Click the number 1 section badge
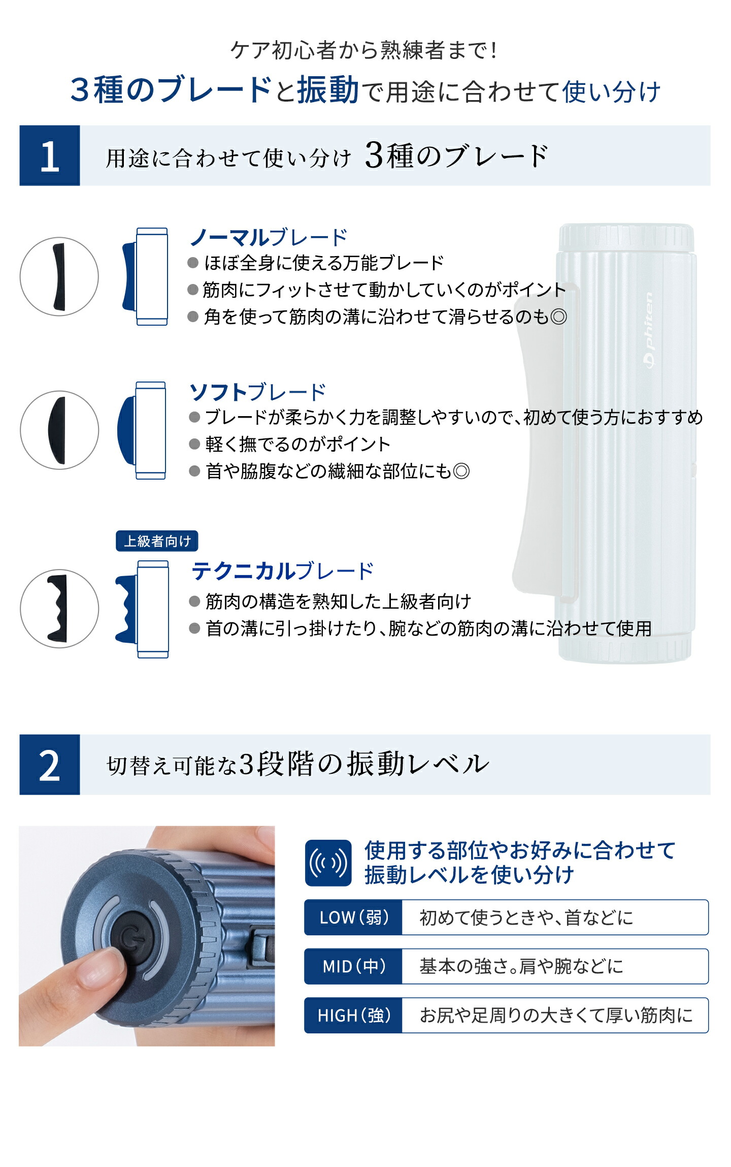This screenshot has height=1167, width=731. coord(50,155)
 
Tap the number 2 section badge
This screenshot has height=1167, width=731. coord(50,765)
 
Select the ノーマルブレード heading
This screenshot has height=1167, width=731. coord(268,237)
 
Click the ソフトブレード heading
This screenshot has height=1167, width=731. coord(257,392)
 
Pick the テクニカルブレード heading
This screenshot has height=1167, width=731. coord(282,571)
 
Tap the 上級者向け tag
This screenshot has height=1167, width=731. coord(157,541)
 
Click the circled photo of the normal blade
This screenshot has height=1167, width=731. coord(59,277)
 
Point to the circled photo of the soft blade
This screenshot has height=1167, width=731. coord(59,430)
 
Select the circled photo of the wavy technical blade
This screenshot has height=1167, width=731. coord(59,609)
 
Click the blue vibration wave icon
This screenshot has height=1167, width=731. coord(328,863)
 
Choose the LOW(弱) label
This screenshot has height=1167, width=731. coord(353,917)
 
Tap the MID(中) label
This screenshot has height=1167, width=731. coord(353,966)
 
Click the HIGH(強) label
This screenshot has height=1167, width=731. coord(353,1015)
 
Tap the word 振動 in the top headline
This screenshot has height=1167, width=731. coord(328,90)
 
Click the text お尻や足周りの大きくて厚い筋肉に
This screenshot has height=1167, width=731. coord(556,1015)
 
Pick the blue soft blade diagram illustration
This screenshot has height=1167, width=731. coord(142,430)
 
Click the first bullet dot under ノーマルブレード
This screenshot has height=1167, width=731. coord(193,263)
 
